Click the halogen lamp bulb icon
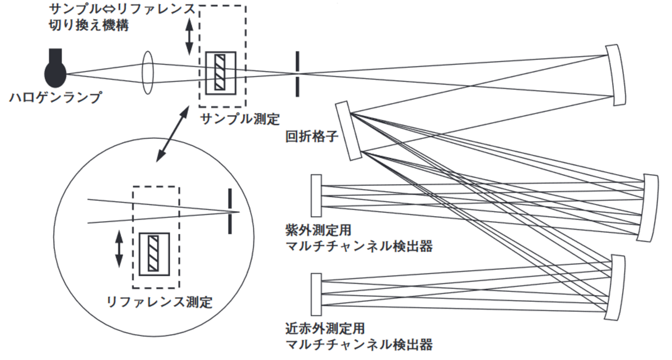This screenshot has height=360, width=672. click(x=55, y=71)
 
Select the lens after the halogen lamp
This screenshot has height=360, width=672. click(x=148, y=73)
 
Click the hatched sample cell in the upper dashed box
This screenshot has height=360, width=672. click(x=221, y=73)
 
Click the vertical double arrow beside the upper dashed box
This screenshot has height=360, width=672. click(x=189, y=36)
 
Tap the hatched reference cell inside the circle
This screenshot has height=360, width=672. click(x=155, y=253)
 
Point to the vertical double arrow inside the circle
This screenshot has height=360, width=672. click(x=119, y=249)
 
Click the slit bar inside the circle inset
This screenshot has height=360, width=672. click(x=230, y=211)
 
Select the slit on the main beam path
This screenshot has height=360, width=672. click(x=297, y=73)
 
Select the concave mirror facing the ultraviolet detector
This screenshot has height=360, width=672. click(x=650, y=207)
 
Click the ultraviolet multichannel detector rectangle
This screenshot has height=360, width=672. click(x=316, y=195)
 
